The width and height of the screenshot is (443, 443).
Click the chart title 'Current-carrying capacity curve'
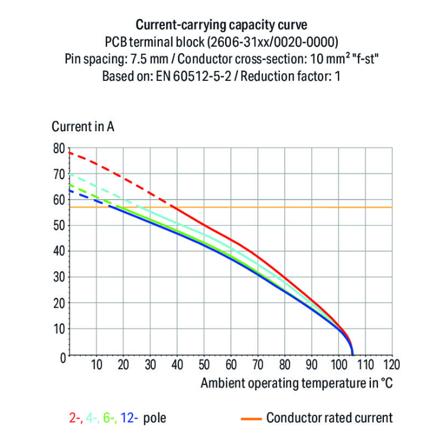click(x=221, y=25)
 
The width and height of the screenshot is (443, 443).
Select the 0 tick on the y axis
click(x=61, y=356)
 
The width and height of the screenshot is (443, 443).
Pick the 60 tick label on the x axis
click(x=231, y=364)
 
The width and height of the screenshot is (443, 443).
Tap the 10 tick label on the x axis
click(x=96, y=364)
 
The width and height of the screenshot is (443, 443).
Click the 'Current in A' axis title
click(x=83, y=126)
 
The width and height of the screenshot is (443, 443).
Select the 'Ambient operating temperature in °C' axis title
click(x=296, y=383)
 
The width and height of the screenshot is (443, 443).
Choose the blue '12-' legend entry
click(x=129, y=418)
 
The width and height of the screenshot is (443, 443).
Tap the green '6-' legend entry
click(x=110, y=418)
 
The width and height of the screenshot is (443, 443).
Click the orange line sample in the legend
click(x=250, y=419)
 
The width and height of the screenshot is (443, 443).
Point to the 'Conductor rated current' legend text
click(x=329, y=418)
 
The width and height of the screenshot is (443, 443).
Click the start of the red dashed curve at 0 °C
click(x=70, y=153)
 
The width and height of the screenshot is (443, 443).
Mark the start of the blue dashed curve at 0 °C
click(x=70, y=190)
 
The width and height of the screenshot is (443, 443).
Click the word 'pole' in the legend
click(x=155, y=418)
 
